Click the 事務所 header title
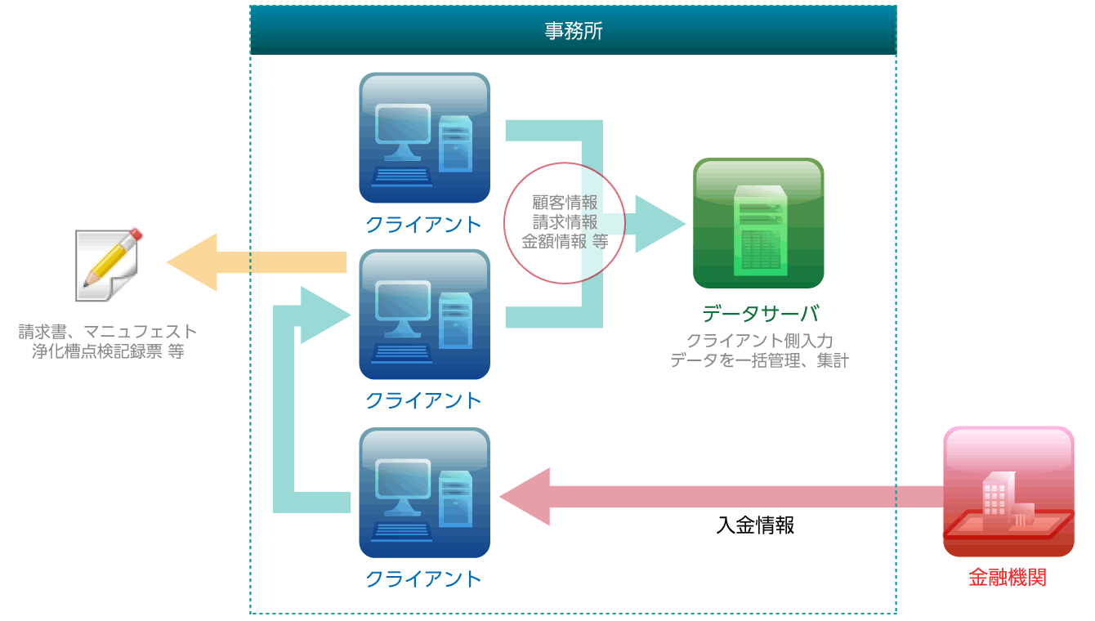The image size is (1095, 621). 574,31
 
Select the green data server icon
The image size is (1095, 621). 758,223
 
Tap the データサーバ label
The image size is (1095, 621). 761,314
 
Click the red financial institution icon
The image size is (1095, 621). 1008,492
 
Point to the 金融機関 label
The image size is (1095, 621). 1008,578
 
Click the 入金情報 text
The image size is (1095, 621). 755,525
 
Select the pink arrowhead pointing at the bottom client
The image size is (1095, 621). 525,496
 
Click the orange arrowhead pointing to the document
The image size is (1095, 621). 191,262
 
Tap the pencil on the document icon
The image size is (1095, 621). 113,257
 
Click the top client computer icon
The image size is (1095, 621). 424,138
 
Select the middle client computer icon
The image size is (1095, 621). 424,315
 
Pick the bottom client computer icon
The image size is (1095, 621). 424,493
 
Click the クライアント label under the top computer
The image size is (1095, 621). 423,225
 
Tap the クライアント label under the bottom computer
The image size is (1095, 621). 423,579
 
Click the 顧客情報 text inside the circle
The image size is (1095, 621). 565,203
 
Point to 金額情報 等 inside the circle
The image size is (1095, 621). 565,242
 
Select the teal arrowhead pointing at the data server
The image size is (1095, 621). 660,223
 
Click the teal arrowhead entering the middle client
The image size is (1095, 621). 325,315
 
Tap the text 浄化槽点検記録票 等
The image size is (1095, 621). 108,351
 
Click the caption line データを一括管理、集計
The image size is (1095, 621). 759,361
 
